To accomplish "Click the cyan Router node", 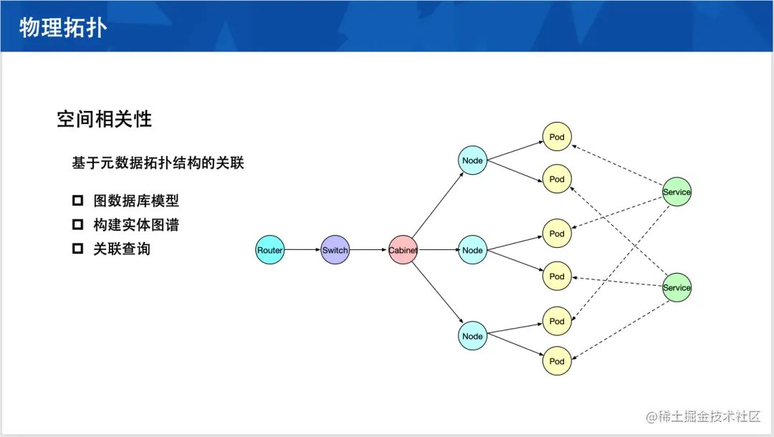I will [x=270, y=250].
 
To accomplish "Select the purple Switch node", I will [x=335, y=250].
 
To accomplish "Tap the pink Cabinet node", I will [x=403, y=250].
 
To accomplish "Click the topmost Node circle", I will [x=472, y=160].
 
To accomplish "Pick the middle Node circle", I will [x=472, y=250].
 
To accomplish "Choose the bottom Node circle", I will [x=472, y=336].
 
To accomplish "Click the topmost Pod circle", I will [x=557, y=137].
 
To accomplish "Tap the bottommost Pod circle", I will [x=557, y=361].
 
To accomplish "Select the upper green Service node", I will [x=677, y=192].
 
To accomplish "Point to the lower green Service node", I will [x=677, y=287].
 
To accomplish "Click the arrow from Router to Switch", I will [x=302, y=250].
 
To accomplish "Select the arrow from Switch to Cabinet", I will [x=368, y=250].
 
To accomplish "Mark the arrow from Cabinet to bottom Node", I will [x=437, y=293].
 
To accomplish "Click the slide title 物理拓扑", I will [x=63, y=28].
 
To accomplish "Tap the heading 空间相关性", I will [x=105, y=119].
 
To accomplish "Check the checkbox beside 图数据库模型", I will [x=78, y=201].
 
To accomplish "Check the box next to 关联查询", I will [x=78, y=249].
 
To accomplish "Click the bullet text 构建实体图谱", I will [x=136, y=225].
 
